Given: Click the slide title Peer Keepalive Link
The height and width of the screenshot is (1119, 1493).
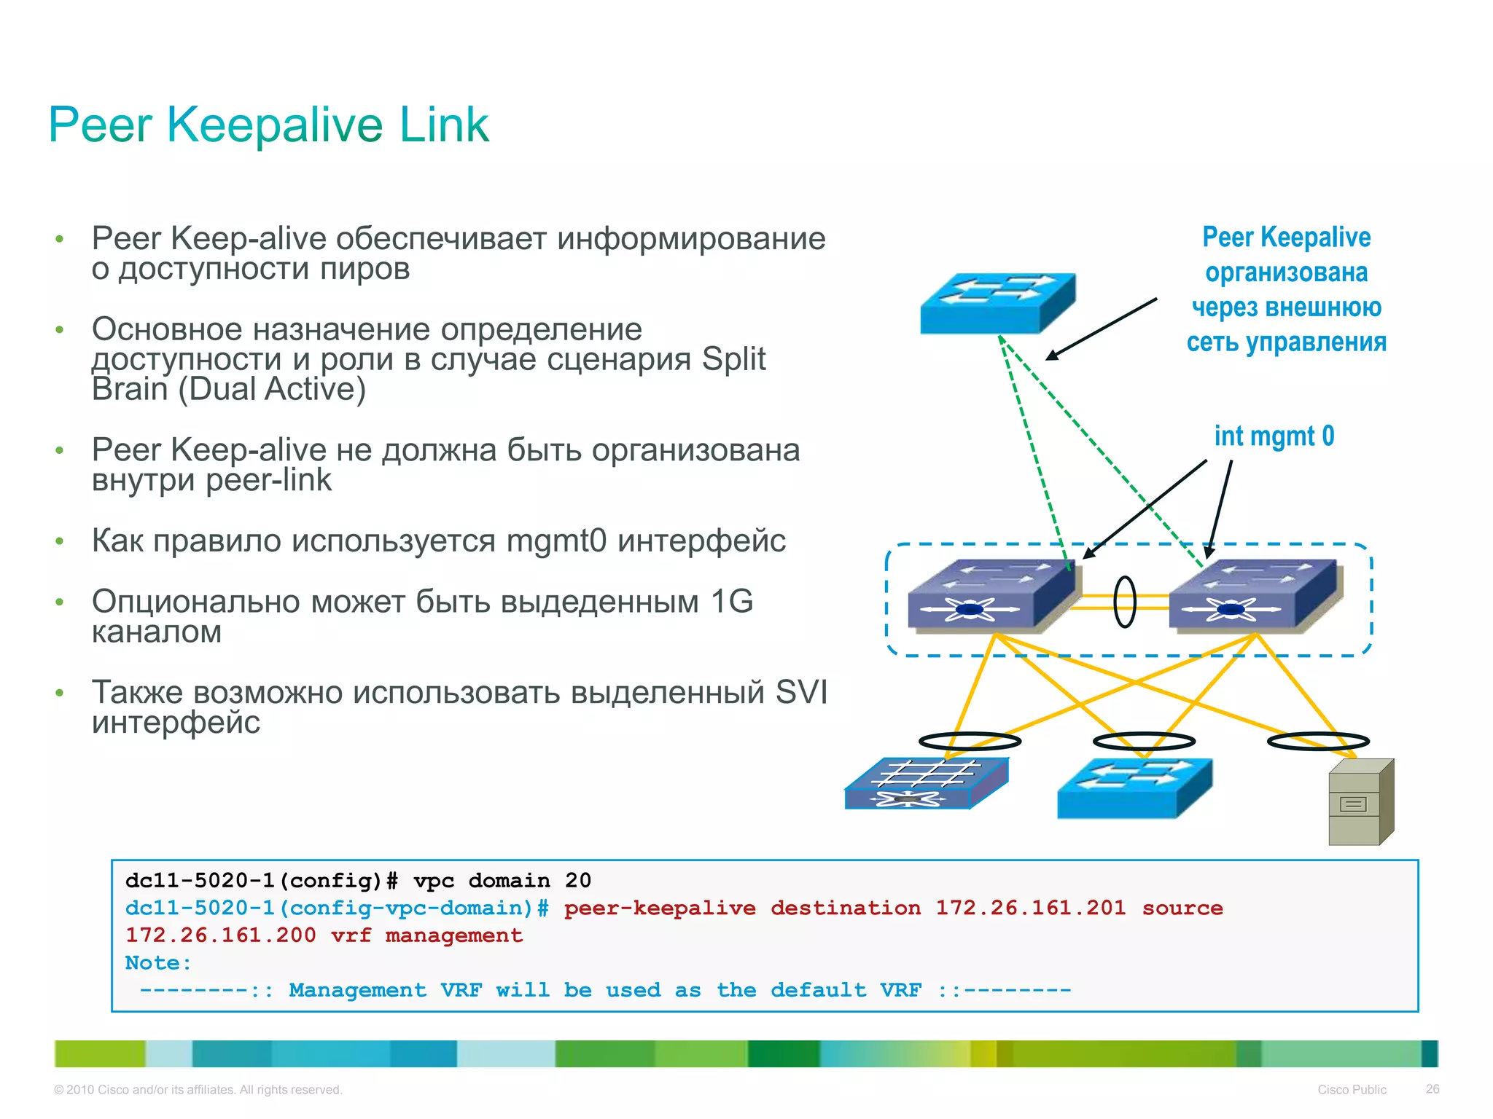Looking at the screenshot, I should (268, 125).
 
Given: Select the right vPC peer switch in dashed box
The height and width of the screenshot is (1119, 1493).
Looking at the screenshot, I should (1254, 594).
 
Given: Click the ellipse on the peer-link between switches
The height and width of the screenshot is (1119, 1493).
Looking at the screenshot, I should (1125, 602).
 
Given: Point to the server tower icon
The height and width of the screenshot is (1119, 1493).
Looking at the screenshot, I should (1360, 802).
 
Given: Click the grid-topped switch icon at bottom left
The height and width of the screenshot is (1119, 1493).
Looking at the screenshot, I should (926, 784).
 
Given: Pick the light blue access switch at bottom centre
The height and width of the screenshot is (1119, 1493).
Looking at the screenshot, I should (1134, 788).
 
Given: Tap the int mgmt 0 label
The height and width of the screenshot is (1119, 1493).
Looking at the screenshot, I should (1274, 436).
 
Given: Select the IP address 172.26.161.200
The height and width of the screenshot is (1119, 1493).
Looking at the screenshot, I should (220, 935).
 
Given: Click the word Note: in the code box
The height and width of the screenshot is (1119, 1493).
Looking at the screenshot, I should (158, 963).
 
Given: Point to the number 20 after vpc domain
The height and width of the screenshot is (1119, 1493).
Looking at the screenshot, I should (578, 881).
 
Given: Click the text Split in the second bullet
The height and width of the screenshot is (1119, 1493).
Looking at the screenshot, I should (733, 359).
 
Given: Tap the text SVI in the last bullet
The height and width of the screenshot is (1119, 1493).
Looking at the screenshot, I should (801, 692).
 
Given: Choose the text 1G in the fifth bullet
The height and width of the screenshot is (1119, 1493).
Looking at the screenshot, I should (731, 602).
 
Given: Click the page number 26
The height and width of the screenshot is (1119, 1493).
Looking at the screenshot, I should (1432, 1089).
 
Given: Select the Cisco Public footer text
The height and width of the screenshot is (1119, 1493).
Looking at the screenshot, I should (1352, 1090).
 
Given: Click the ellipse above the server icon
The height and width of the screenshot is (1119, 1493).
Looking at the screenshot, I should (1318, 742).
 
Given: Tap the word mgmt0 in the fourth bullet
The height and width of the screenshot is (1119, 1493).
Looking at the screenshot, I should (556, 541).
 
